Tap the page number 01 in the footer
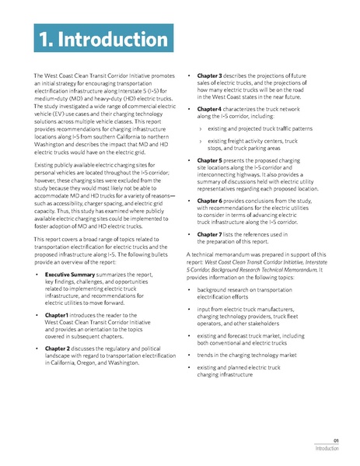click(334, 440)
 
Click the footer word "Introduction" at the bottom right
click(327, 449)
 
